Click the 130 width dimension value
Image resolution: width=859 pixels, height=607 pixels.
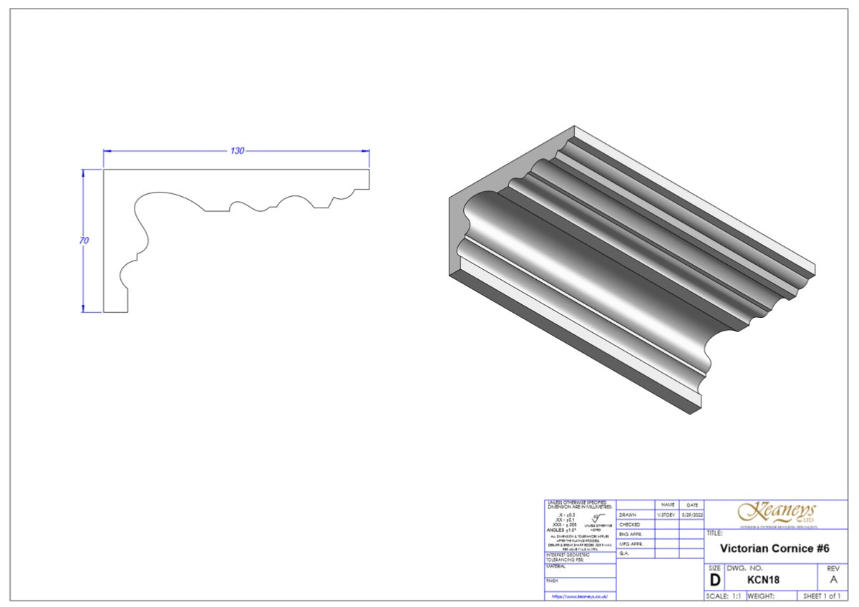[x=237, y=150]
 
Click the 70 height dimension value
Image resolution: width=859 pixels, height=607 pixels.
[x=84, y=241]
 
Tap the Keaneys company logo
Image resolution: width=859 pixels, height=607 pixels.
[x=777, y=513]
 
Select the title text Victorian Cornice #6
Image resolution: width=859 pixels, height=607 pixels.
[x=774, y=548]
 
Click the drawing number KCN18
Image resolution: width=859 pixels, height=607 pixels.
[x=763, y=581]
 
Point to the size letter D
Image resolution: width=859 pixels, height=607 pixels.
[x=714, y=581]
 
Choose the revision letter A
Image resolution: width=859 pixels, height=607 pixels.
[x=833, y=581]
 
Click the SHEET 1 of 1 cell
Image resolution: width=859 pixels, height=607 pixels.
[x=822, y=596]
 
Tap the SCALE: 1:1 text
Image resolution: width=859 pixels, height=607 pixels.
[x=724, y=596]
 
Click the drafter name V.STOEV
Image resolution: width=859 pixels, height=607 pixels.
[x=667, y=515]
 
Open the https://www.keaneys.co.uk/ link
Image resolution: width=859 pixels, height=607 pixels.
[x=579, y=596]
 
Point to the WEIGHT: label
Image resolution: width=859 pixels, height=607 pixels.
[x=761, y=596]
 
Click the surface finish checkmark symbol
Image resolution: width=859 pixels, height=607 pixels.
[x=599, y=515]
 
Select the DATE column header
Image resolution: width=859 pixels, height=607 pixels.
[x=691, y=505]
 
